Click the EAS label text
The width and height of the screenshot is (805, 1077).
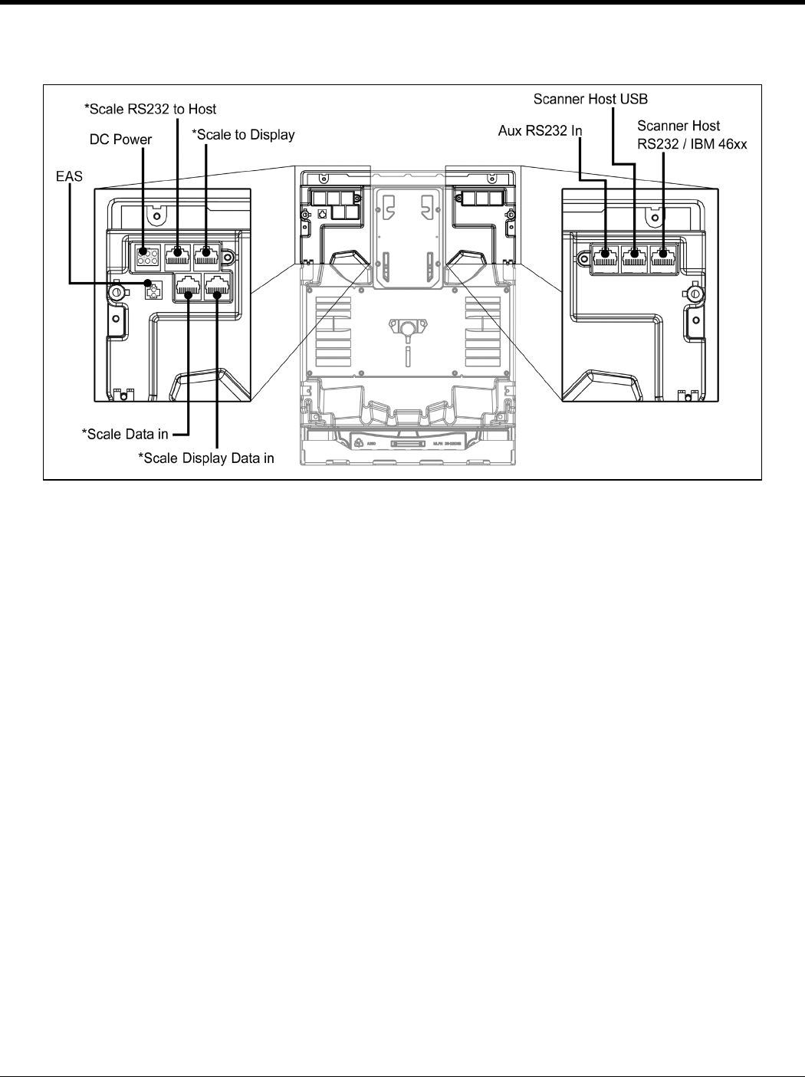[69, 177]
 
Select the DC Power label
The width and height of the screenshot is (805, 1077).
[120, 140]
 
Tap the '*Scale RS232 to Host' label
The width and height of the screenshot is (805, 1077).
[149, 109]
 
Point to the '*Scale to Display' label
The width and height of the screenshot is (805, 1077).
[242, 135]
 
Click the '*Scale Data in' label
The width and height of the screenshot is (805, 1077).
[125, 434]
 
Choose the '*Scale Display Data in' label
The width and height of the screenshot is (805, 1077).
[205, 458]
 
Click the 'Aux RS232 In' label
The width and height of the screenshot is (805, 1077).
[540, 131]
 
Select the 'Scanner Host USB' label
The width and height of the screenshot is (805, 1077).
[590, 99]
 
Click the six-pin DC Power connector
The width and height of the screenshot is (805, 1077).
[147, 254]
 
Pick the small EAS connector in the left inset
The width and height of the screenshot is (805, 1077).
[153, 291]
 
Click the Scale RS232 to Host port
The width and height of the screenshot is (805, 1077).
[177, 253]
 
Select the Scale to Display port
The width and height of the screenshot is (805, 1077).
[206, 253]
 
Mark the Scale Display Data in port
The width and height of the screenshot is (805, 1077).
[218, 287]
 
